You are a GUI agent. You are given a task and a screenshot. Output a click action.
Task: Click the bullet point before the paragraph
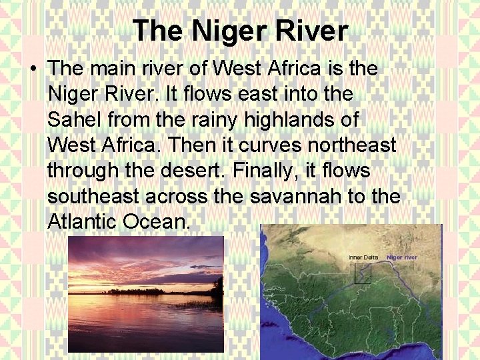point(33,69)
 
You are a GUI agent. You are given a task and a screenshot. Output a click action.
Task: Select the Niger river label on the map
point(402,257)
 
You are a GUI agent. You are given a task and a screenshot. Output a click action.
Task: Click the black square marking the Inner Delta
point(362,273)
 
